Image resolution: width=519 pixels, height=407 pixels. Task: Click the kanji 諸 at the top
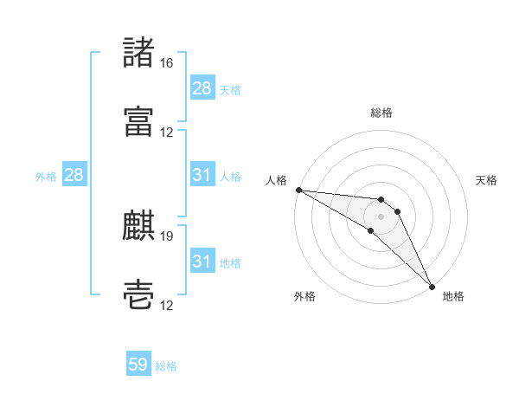click(x=138, y=54)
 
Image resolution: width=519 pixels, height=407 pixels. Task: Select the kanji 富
click(x=138, y=120)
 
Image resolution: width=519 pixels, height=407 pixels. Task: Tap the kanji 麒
click(x=138, y=225)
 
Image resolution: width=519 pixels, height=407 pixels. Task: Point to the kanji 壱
click(x=138, y=294)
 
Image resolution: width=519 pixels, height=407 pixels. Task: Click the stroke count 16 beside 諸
click(x=166, y=63)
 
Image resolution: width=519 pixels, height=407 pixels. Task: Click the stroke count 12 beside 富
click(x=166, y=132)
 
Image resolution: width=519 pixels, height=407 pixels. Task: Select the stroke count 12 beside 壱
click(x=166, y=305)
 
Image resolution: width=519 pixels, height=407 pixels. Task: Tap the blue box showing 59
click(x=138, y=365)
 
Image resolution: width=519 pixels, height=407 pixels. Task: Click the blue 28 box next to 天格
click(x=202, y=88)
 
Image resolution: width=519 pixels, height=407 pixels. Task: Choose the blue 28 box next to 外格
click(x=74, y=175)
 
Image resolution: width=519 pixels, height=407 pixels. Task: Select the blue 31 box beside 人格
click(x=202, y=175)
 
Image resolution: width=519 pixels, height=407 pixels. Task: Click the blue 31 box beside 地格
click(x=202, y=262)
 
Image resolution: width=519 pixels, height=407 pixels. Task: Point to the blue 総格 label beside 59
click(x=166, y=366)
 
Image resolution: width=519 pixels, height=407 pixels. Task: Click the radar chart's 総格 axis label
click(x=381, y=113)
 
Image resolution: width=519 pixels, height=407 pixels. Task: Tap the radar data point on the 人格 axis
click(x=298, y=190)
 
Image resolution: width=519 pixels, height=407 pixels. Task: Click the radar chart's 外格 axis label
click(x=304, y=296)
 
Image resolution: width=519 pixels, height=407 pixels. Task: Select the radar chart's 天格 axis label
click(x=486, y=180)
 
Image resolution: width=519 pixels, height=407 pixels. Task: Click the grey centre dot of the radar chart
click(x=381, y=216)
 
